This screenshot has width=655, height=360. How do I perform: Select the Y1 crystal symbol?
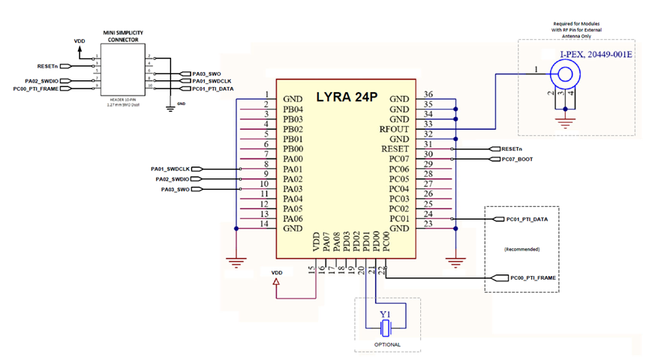click(x=386, y=327)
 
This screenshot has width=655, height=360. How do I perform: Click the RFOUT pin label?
click(x=395, y=129)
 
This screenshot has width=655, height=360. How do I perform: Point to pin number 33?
click(x=428, y=124)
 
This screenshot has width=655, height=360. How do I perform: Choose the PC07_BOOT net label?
click(x=513, y=159)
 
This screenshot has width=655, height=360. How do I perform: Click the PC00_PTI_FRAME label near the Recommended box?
click(x=533, y=278)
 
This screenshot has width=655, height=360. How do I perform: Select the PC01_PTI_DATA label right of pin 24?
click(x=527, y=220)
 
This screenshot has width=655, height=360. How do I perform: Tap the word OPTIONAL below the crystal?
click(x=386, y=345)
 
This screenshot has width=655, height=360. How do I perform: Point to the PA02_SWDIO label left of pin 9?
click(x=176, y=180)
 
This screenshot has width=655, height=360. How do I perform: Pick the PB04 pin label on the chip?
click(x=293, y=109)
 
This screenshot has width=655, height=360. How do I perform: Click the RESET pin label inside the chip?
click(x=395, y=149)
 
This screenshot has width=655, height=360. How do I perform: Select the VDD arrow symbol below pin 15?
click(x=276, y=283)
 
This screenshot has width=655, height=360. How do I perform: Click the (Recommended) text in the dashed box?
click(x=521, y=248)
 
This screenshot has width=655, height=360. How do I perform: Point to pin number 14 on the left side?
click(x=265, y=223)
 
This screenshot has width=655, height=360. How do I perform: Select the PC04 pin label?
click(x=398, y=189)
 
